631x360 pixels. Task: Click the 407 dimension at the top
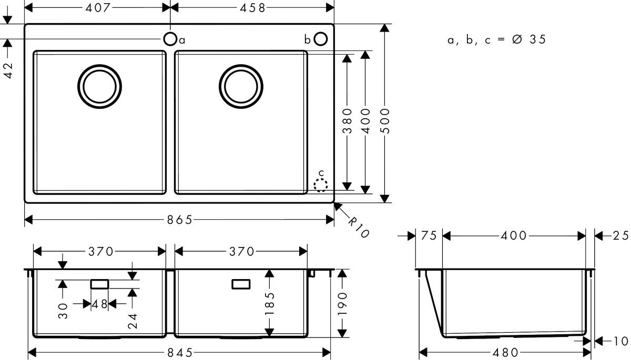97,7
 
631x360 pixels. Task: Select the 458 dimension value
253,7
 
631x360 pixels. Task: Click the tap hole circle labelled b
321,39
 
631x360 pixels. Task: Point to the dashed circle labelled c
320,184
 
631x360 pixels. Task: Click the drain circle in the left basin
99,87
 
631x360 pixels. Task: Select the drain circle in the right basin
241,87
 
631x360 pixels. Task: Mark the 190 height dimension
343,303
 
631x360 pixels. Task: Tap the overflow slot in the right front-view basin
241,284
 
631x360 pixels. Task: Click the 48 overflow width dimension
99,304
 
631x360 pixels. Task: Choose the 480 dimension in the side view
506,352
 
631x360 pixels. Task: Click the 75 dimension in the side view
429,236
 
